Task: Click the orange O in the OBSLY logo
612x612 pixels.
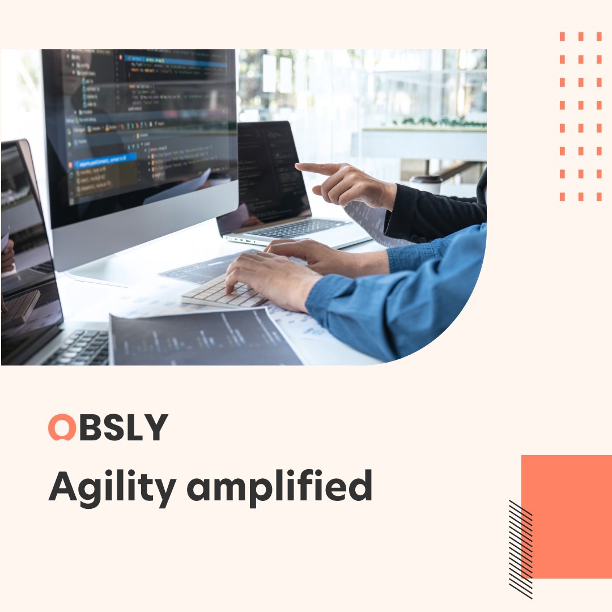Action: [62, 427]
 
